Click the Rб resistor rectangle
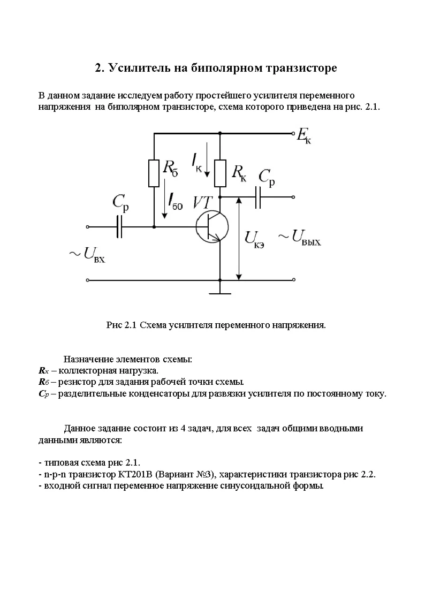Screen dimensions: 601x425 (154, 172)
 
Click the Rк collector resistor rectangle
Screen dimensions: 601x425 (220, 172)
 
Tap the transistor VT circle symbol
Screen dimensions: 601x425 (212, 226)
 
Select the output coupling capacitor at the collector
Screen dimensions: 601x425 (259, 197)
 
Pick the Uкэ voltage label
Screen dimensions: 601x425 (254, 239)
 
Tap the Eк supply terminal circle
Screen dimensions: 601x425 (293, 133)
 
